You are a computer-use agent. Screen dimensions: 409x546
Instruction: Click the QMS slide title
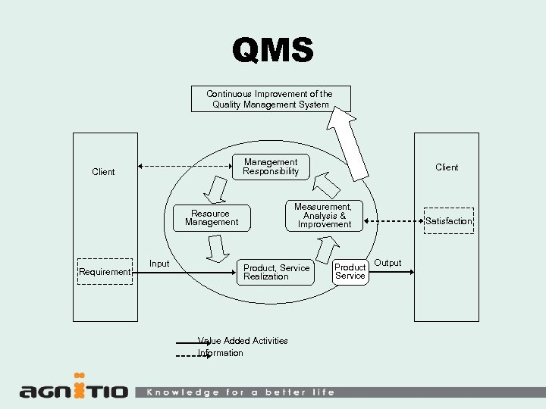[272, 51]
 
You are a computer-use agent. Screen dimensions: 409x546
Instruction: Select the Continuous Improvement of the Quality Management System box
[270, 98]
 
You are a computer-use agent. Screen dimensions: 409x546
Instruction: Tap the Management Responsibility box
[271, 167]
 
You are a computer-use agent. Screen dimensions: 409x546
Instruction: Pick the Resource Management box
[212, 218]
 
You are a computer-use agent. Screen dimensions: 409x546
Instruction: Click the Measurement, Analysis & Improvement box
[324, 215]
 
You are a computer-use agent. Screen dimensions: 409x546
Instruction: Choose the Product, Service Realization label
[276, 272]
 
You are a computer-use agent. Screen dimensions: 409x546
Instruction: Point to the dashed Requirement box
[105, 272]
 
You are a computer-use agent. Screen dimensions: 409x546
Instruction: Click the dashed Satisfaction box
[448, 221]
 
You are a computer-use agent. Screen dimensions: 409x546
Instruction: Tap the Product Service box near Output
[350, 271]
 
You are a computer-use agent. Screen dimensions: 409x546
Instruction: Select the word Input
[159, 264]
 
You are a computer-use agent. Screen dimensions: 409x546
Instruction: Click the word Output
[388, 263]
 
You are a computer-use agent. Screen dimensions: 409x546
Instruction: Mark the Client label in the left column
[103, 172]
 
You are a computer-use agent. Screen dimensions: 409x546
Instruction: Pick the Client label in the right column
[447, 167]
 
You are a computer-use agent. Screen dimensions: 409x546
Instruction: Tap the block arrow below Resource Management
[218, 247]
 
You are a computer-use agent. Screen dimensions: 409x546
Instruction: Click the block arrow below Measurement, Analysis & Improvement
[327, 248]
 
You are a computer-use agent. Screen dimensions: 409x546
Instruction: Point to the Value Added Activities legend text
[243, 341]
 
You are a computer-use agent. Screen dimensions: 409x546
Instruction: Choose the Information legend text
[221, 353]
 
